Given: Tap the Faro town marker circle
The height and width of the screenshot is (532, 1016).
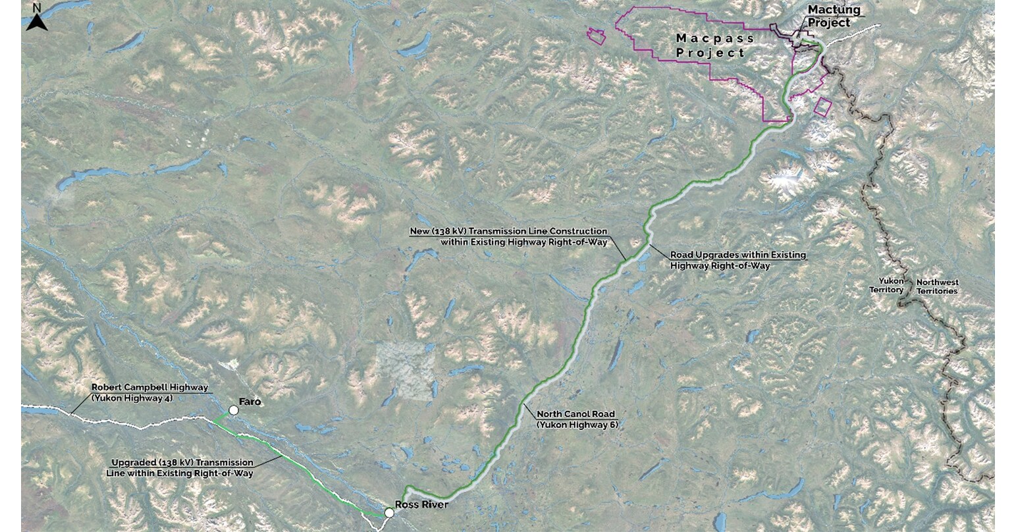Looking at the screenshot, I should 233,410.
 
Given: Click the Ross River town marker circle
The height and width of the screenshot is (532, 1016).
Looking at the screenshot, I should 389,512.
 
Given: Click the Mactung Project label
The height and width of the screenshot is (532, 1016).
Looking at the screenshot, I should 830,16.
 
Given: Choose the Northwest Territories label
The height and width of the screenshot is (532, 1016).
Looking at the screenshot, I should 938,286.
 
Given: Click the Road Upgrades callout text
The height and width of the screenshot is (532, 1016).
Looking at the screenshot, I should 737,260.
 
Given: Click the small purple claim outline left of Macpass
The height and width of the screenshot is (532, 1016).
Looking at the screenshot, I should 597,36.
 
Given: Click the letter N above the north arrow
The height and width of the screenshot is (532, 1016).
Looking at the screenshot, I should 37,7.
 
